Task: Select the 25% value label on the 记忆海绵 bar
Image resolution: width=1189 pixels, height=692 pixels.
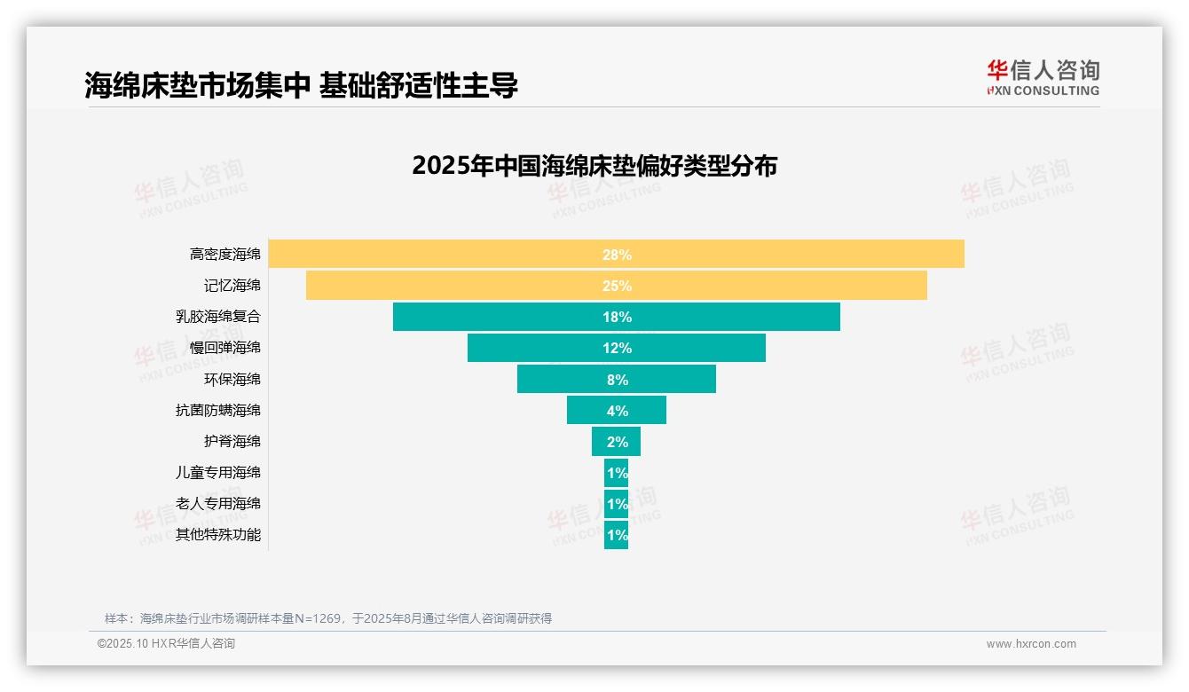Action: tap(617, 286)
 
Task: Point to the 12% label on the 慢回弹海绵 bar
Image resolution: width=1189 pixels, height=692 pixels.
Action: tap(617, 348)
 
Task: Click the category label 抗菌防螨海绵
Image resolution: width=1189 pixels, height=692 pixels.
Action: tap(218, 410)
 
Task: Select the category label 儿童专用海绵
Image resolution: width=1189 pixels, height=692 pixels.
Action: tap(218, 472)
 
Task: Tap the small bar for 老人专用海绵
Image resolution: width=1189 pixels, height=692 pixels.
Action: tap(616, 504)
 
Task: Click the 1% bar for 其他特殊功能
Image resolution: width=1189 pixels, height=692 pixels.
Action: tap(616, 535)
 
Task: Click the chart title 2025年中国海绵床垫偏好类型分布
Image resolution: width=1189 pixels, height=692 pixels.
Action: tap(594, 166)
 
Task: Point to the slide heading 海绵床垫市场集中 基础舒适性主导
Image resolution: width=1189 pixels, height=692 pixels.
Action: tap(301, 85)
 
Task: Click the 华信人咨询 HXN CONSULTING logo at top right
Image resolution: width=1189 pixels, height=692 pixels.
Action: tap(1043, 78)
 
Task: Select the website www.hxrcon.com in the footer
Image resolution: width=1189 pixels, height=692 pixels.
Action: tap(1031, 644)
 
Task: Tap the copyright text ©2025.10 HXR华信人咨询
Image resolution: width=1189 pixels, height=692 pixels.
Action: tap(166, 644)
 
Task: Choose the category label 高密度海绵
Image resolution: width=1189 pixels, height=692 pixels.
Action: tap(225, 255)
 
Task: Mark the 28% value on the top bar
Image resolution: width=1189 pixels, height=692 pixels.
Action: tap(617, 255)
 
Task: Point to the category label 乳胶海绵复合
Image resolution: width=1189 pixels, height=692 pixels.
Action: tap(218, 317)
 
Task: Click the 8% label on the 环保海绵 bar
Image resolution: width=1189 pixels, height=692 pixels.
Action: tap(617, 380)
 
